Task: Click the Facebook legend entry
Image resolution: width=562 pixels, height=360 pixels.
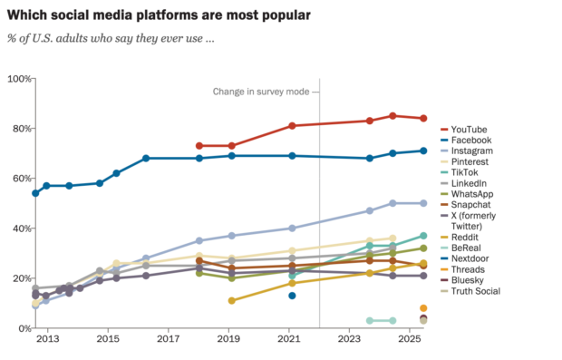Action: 471,141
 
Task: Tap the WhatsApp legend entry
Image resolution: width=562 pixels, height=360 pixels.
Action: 471,193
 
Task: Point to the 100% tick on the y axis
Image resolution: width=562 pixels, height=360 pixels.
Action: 17,79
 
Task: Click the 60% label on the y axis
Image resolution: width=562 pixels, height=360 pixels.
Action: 19,179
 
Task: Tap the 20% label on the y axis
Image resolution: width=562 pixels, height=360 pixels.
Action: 19,278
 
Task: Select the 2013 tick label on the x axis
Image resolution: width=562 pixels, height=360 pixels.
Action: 47,338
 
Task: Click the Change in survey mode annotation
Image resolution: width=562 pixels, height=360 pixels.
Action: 266,92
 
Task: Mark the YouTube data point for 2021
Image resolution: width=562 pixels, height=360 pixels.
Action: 292,126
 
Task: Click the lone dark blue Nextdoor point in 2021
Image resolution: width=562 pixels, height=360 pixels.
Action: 292,296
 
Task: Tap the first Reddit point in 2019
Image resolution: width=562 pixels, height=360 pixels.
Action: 231,300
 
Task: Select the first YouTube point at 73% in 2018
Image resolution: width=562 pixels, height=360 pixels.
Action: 199,146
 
